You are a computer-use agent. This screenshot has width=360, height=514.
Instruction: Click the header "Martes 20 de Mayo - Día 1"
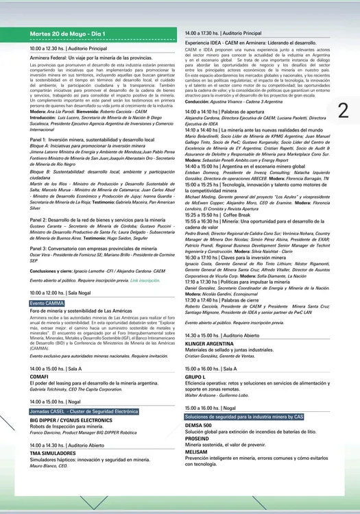pos(69,33)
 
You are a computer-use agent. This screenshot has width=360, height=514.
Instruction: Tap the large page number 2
pos(344,110)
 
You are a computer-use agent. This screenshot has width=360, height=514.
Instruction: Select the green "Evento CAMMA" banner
pos(47,302)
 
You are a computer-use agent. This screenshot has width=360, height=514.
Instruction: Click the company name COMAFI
pos(39,376)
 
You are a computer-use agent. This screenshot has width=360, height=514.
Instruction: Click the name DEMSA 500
pos(198,426)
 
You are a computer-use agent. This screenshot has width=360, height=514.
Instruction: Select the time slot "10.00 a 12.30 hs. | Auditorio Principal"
pos(69,49)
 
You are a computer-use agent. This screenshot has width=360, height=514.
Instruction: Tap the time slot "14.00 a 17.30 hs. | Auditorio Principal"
pos(224,33)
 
